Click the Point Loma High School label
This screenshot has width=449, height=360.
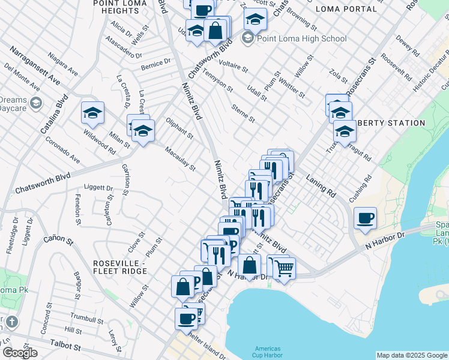click(302, 38)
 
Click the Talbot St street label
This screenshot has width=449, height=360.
click(65, 346)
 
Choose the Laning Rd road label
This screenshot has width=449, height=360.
click(321, 186)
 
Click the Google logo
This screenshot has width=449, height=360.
click(20, 353)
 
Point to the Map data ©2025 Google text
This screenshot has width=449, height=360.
click(412, 355)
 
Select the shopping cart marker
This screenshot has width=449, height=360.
click(284, 268)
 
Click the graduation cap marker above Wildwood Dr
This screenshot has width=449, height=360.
click(93, 113)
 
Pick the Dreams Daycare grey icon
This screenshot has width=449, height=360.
click(35, 104)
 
